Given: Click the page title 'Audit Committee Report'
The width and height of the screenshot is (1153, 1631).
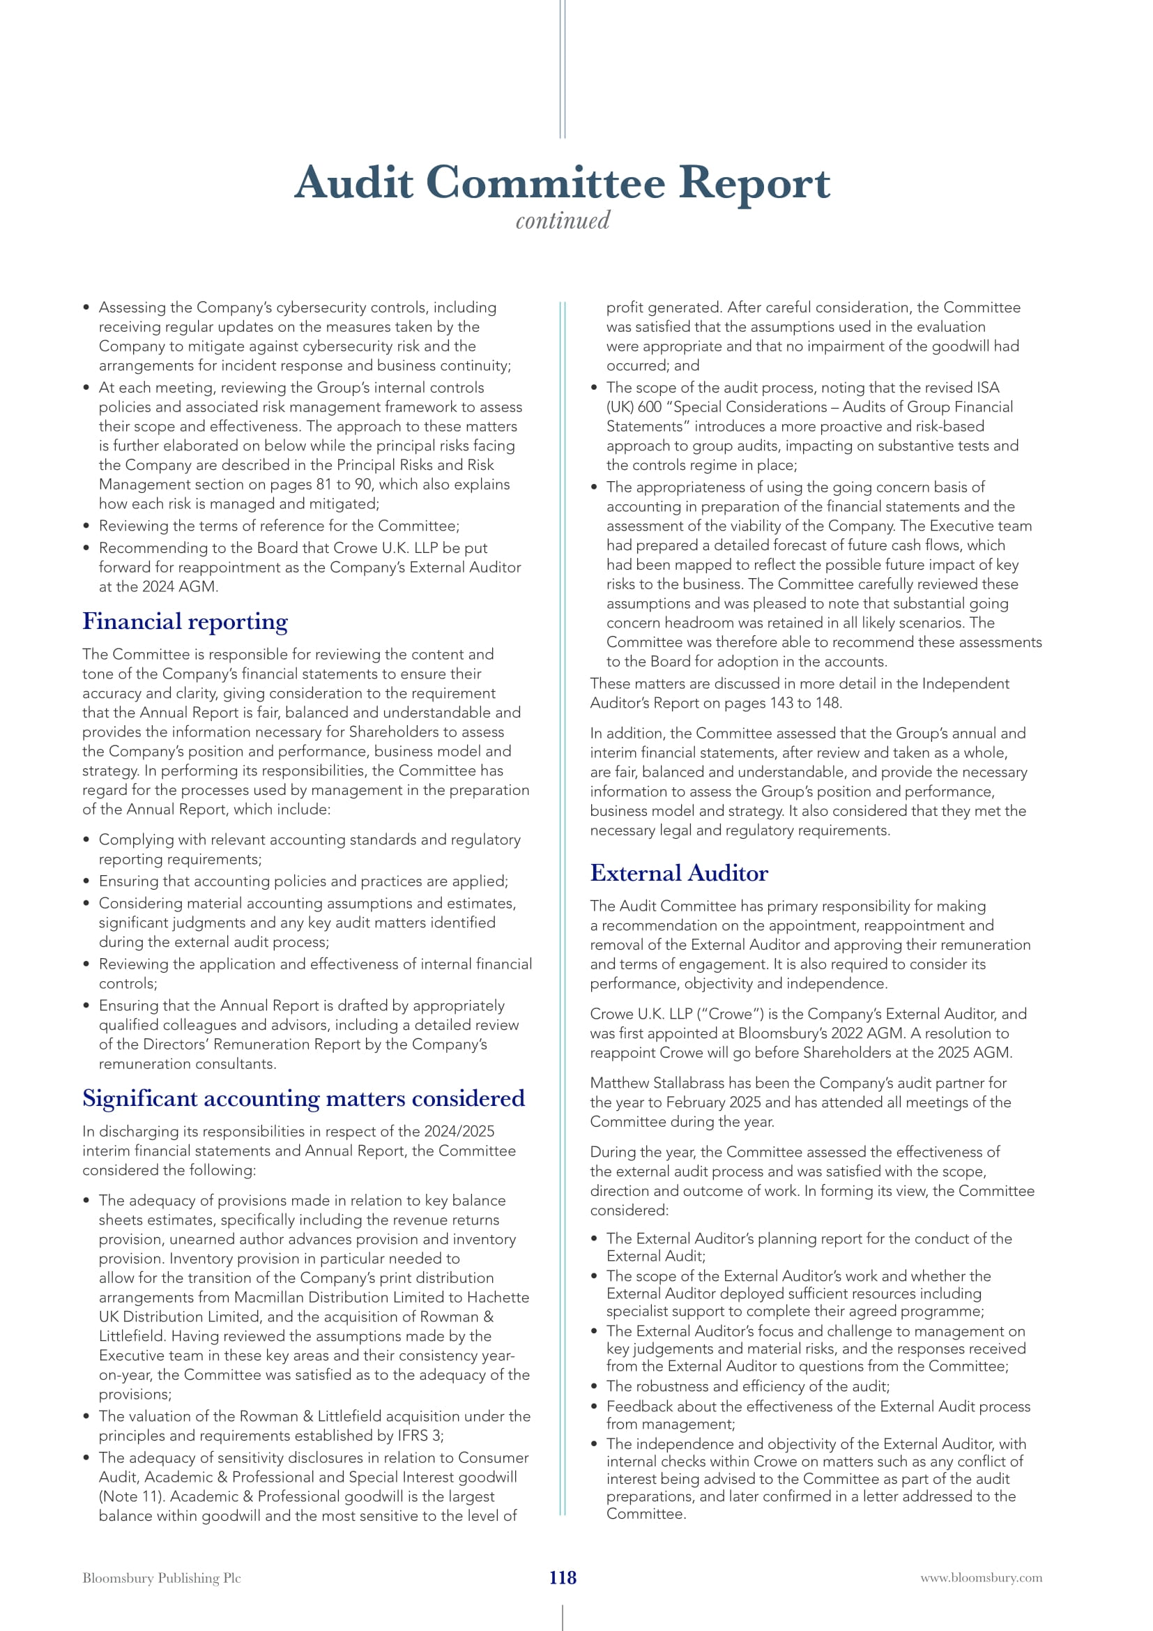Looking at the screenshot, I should pyautogui.click(x=562, y=183).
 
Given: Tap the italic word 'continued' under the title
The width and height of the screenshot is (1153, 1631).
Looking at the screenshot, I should pyautogui.click(x=563, y=221).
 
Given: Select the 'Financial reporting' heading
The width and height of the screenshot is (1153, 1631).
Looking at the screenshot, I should pyautogui.click(x=185, y=621).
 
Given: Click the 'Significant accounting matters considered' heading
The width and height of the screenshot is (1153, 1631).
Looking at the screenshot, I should pyautogui.click(x=303, y=1098).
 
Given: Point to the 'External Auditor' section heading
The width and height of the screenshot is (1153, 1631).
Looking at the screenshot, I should pyautogui.click(x=679, y=873).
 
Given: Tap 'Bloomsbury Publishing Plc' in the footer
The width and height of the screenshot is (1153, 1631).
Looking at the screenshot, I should pyautogui.click(x=161, y=1578).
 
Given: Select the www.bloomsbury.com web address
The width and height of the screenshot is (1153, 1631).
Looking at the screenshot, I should pyautogui.click(x=982, y=1578).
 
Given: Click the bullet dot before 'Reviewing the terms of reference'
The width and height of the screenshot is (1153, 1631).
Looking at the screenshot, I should pyautogui.click(x=86, y=526).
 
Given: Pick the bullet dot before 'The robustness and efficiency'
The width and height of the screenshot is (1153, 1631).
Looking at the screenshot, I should pyautogui.click(x=594, y=1387).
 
